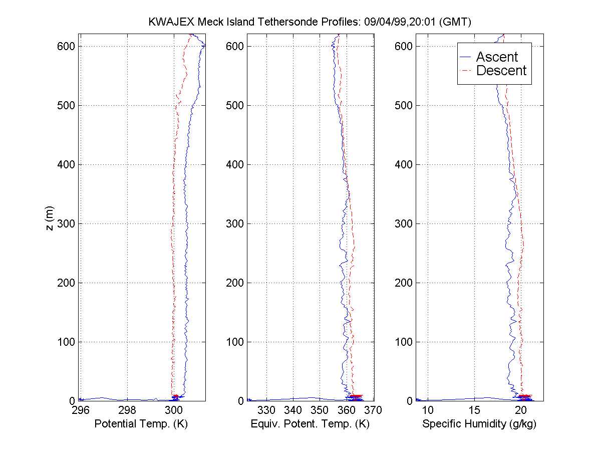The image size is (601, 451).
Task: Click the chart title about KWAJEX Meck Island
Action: tap(311, 22)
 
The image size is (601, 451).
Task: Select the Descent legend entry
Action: tap(501, 71)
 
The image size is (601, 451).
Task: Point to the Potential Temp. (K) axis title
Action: tap(141, 424)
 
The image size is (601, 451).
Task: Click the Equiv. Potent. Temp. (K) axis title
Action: tap(310, 424)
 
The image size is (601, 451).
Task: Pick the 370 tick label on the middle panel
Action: tap(374, 410)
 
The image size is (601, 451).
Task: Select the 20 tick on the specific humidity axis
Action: tap(521, 410)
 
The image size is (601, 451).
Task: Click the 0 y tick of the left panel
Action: tap(72, 401)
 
